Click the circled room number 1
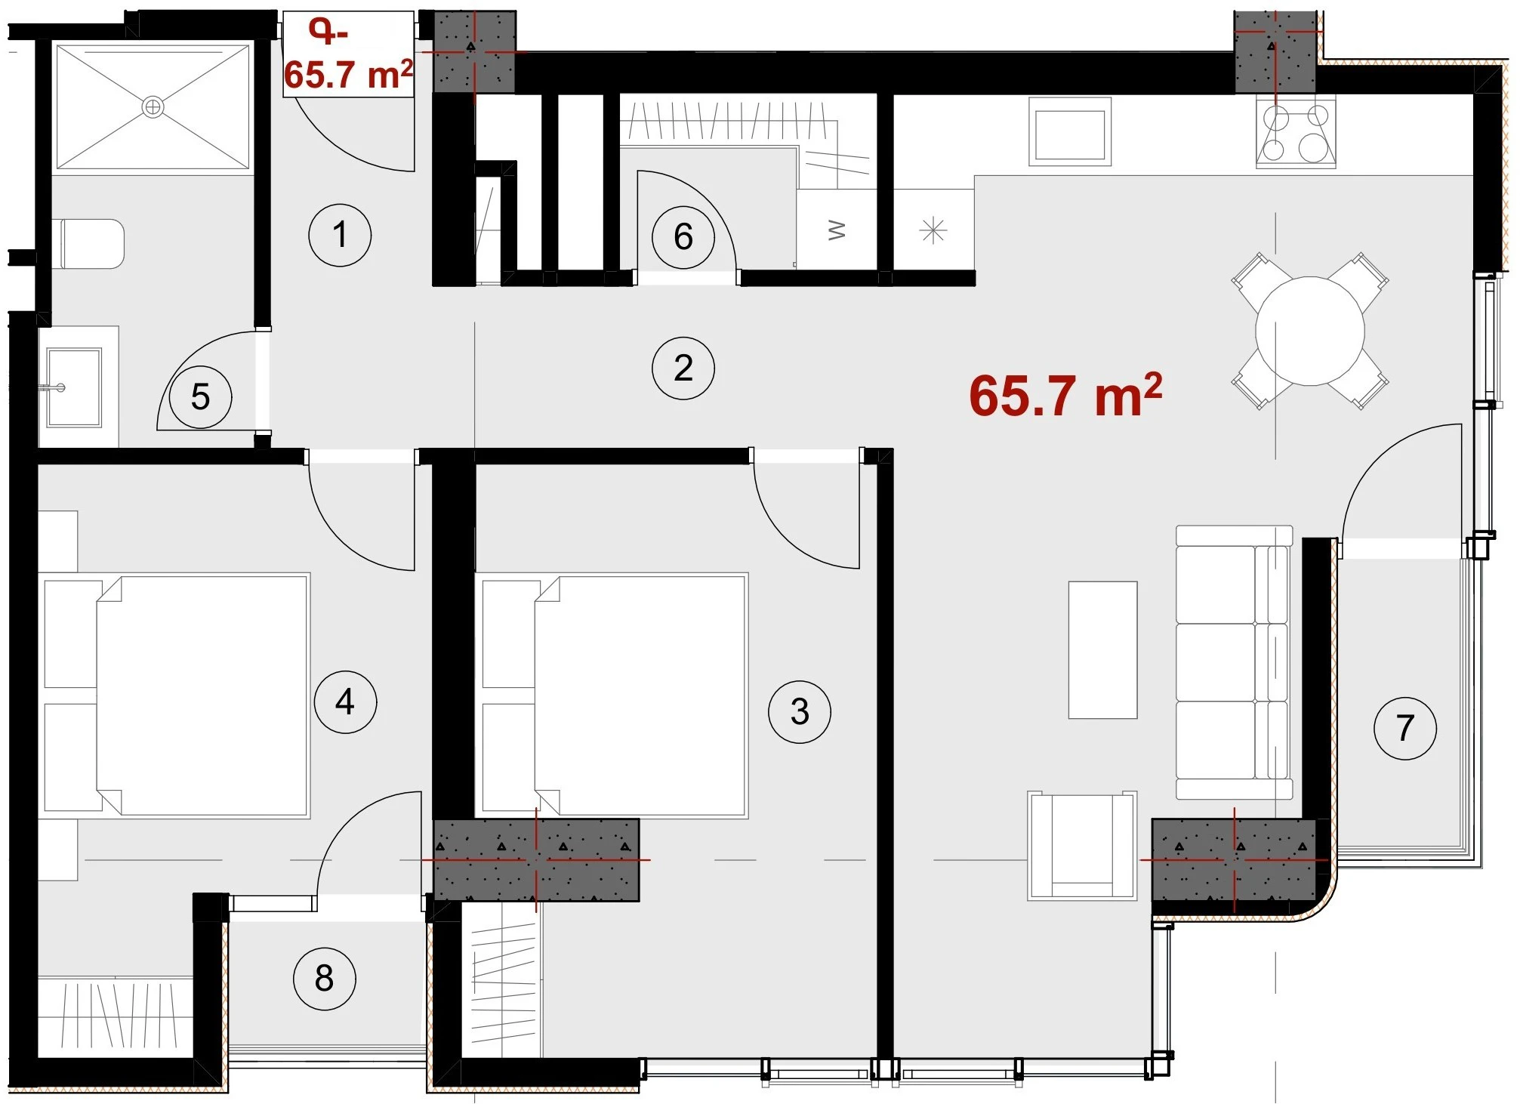point(340,235)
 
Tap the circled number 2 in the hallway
point(683,368)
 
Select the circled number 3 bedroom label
point(800,711)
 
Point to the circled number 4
point(345,702)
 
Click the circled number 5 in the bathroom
point(200,396)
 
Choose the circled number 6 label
point(683,236)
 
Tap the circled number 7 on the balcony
point(1404,728)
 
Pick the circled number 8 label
point(324,979)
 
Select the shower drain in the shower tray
point(153,107)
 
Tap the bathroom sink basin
point(73,387)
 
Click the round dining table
point(1310,331)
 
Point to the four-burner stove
point(1296,136)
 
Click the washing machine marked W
point(837,229)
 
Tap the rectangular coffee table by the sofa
point(1102,649)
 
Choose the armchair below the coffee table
point(1082,846)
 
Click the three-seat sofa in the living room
point(1234,662)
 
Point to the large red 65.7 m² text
point(1065,396)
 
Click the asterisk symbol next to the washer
point(933,230)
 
